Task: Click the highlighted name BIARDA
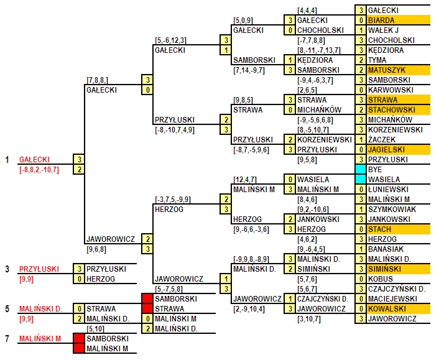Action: coord(381,20)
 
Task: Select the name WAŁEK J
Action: coord(383,30)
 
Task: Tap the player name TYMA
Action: coord(377,60)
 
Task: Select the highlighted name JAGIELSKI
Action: coord(386,149)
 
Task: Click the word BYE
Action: coord(375,170)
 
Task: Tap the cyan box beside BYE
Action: coord(361,169)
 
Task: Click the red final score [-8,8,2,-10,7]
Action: coord(39,170)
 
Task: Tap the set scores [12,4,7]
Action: coord(245,180)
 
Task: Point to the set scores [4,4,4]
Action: coord(307,11)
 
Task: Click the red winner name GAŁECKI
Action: coord(34,160)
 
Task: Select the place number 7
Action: coord(7,339)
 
